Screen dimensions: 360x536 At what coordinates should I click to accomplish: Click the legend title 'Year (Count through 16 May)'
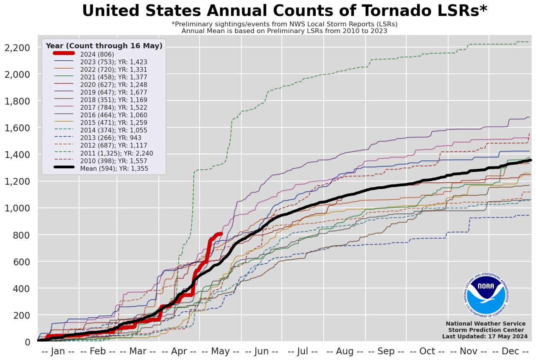click(x=104, y=46)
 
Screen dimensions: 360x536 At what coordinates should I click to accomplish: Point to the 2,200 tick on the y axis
click(x=17, y=48)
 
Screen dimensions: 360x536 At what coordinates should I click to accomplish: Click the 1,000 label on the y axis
click(x=17, y=208)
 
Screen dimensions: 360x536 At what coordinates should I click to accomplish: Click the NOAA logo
click(x=486, y=292)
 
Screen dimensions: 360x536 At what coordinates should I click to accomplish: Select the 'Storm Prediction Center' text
click(x=486, y=330)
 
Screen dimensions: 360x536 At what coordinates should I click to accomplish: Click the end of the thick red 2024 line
click(x=221, y=234)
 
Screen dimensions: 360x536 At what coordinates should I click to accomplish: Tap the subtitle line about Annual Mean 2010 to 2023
click(x=284, y=31)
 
